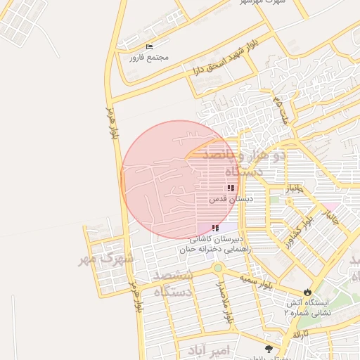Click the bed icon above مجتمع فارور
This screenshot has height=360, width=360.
point(148,47)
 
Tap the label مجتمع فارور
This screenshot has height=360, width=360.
point(146,58)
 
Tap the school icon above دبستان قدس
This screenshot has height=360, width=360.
point(231,188)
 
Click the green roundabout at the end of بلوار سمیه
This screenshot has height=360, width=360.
point(218,268)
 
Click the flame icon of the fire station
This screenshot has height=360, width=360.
point(307,291)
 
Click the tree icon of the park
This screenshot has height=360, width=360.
point(268,348)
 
